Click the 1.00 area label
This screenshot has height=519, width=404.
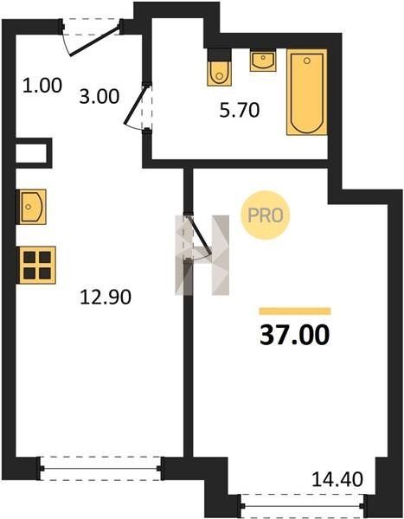tap(42, 85)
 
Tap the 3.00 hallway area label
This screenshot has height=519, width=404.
tap(99, 97)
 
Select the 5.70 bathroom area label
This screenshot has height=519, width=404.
tap(240, 110)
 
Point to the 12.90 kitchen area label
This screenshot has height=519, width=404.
tap(106, 297)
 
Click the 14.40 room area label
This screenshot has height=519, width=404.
tap(337, 479)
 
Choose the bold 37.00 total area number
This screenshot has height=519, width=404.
tap(295, 335)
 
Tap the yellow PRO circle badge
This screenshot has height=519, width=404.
tap(266, 215)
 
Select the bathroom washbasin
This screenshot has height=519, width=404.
tap(263, 61)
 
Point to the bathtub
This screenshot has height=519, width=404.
tap(307, 92)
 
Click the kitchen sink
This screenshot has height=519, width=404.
tap(31, 207)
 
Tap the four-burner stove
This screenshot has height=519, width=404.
tap(36, 266)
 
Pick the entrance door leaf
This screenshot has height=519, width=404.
tap(94, 42)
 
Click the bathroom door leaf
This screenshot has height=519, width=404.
tap(134, 105)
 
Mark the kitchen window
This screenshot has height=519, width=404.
tap(100, 468)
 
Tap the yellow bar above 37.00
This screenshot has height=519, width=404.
tap(295, 311)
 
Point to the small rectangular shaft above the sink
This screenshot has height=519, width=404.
tap(34, 153)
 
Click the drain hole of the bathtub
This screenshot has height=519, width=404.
tap(307, 61)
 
